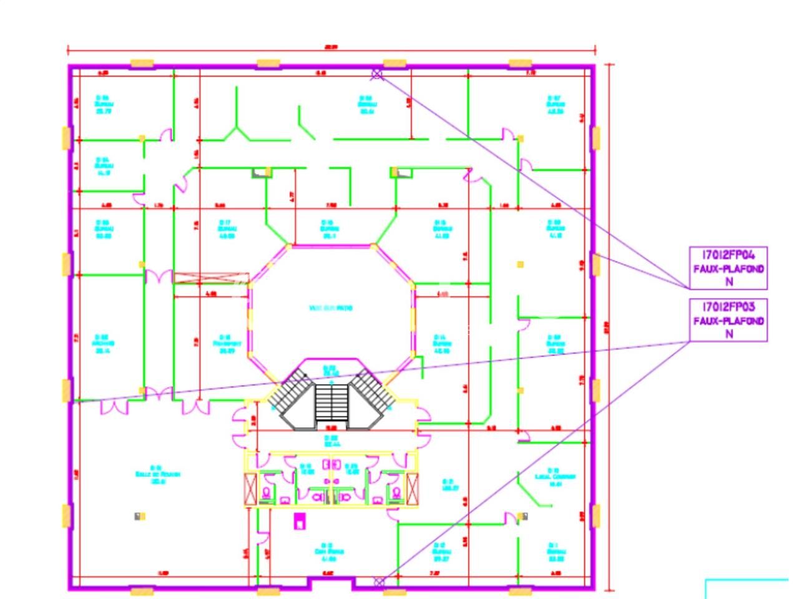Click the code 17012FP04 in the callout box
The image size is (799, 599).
(728, 255)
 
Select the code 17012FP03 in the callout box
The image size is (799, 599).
(728, 307)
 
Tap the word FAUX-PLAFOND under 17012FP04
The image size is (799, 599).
(728, 269)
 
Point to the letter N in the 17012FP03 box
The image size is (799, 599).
(728, 334)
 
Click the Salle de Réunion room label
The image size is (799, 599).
(158, 474)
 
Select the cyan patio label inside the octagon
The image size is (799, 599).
(331, 308)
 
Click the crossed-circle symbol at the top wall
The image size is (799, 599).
(376, 75)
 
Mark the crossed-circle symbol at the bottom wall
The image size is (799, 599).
(378, 582)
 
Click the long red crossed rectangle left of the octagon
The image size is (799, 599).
(211, 278)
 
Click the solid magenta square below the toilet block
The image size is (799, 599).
(300, 520)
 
